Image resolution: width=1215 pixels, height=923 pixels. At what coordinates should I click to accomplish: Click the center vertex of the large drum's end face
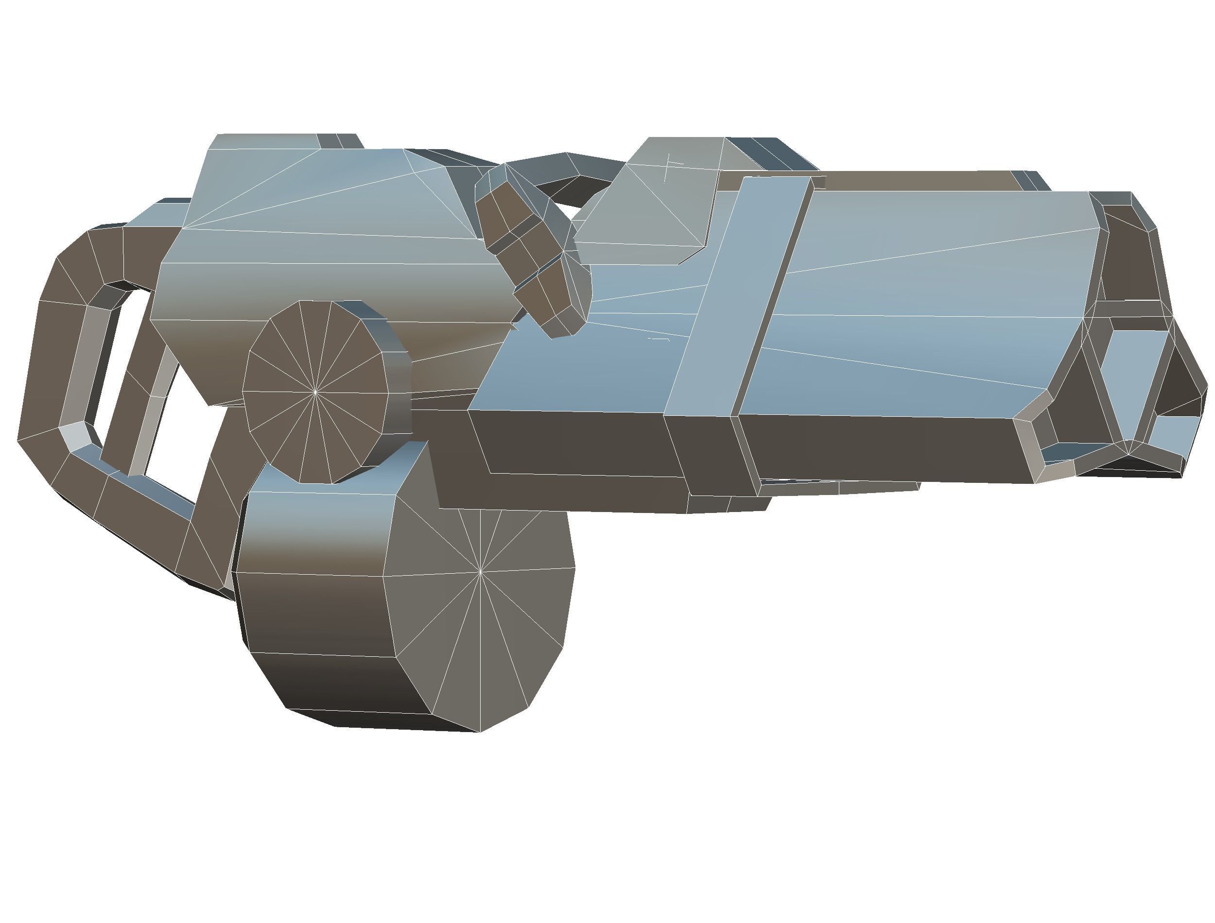click(x=480, y=572)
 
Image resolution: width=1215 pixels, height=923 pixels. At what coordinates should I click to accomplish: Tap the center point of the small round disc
click(x=315, y=392)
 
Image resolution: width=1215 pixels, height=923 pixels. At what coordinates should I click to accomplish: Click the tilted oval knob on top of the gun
click(x=530, y=247)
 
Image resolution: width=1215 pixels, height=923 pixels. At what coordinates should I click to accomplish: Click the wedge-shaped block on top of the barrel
click(x=660, y=203)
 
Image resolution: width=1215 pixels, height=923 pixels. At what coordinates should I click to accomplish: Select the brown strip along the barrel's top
click(x=907, y=181)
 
